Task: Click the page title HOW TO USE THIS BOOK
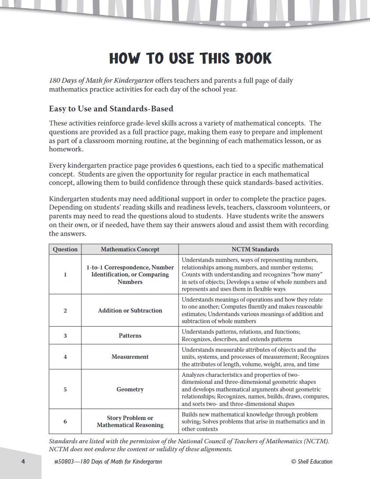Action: click(190, 59)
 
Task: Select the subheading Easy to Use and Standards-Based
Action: click(111, 108)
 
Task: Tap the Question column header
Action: click(65, 249)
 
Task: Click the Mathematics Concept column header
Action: click(130, 249)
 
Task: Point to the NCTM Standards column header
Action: click(255, 249)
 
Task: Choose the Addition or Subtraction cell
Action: click(130, 310)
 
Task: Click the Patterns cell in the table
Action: click(130, 335)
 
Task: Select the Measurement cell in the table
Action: click(130, 357)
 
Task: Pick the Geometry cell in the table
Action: click(130, 389)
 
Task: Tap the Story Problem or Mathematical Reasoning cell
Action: click(130, 421)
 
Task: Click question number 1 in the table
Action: click(65, 274)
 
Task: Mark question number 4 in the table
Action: click(65, 357)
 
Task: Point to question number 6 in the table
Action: click(65, 421)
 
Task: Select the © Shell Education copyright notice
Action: click(311, 461)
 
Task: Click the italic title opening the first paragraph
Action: click(101, 81)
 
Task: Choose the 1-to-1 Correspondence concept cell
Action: click(130, 274)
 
